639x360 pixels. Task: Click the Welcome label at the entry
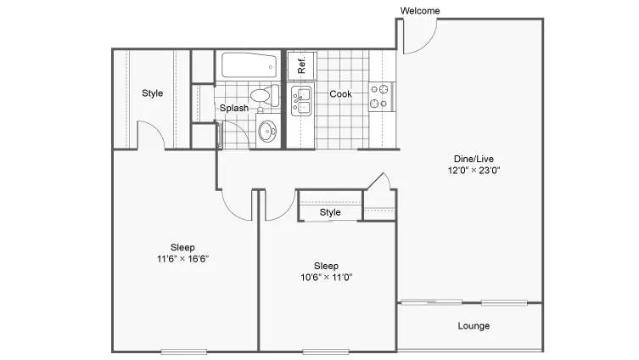(x=420, y=10)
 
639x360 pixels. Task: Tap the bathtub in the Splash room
(x=249, y=65)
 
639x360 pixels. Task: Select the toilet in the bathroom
(x=265, y=95)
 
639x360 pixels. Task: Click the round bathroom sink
(x=267, y=132)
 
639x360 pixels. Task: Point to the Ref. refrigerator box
(x=301, y=65)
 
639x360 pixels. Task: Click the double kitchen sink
(x=301, y=101)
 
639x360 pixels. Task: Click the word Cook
(x=340, y=93)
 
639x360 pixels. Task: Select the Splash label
(x=234, y=108)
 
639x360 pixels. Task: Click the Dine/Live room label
(x=474, y=159)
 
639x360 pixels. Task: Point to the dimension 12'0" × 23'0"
(x=474, y=171)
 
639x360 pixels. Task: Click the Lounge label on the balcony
(x=474, y=326)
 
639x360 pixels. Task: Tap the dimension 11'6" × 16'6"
(x=182, y=258)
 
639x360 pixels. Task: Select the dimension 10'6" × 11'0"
(x=326, y=278)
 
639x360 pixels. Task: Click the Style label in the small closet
(x=330, y=212)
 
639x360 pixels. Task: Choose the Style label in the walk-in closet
(x=153, y=93)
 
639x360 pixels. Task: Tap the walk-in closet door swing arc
(x=157, y=127)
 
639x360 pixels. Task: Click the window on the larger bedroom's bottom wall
(x=184, y=352)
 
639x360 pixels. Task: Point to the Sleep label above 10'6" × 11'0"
(x=326, y=266)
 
